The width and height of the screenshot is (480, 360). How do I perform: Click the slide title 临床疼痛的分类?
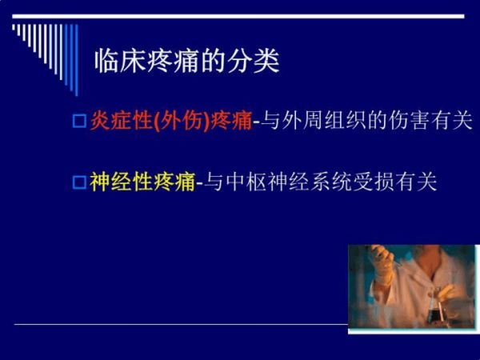point(186,61)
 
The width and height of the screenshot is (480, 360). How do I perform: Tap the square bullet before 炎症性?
point(79,121)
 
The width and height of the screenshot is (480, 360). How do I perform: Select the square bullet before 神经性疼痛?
point(79,182)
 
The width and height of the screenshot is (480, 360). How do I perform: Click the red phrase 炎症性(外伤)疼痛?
point(171,121)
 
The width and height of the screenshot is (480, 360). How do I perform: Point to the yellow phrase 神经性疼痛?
point(142,182)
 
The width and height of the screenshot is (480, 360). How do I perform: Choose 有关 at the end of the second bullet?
point(416,182)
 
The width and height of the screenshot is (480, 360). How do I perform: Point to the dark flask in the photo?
point(436,315)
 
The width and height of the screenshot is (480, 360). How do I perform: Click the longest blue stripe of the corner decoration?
point(77,60)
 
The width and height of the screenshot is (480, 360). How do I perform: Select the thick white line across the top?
point(238,16)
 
